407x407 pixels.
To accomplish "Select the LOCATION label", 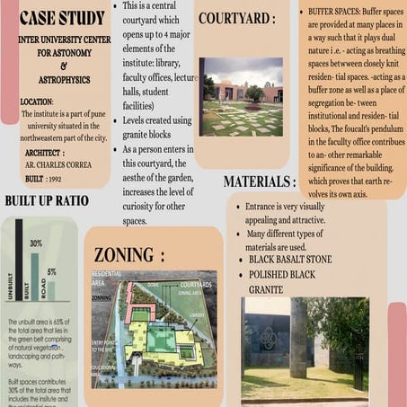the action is [x=37, y=102].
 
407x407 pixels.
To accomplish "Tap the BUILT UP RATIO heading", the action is [x=47, y=200].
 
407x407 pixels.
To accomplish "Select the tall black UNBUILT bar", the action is [x=19, y=261].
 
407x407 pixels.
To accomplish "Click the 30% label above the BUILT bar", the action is [x=36, y=243].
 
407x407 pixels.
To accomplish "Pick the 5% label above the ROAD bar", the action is [x=52, y=271].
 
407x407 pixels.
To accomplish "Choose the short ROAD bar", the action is [x=51, y=291].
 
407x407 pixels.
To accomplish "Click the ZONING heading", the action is [x=129, y=254].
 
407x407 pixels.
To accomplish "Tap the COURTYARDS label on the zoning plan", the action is [x=196, y=285].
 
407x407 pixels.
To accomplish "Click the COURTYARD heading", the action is [x=237, y=18].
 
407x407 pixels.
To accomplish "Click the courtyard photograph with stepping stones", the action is [x=241, y=96].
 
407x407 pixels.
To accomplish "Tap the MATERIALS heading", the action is [x=260, y=181].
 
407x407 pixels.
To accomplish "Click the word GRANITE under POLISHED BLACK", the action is [x=266, y=290].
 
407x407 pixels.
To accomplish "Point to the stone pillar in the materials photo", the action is [x=298, y=337].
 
